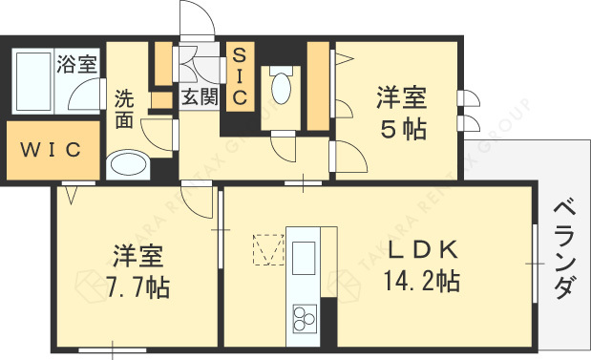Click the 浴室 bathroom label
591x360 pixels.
pyautogui.click(x=77, y=65)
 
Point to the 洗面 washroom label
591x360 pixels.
pyautogui.click(x=124, y=108)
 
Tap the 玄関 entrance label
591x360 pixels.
pyautogui.click(x=201, y=95)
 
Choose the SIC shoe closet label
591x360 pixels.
pyautogui.click(x=239, y=75)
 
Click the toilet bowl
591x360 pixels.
pyautogui.click(x=282, y=87)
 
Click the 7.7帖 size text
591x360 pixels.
pyautogui.click(x=138, y=285)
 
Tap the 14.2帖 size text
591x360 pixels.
pyautogui.click(x=423, y=283)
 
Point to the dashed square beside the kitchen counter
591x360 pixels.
pyautogui.click(x=265, y=250)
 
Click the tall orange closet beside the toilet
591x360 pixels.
pyautogui.click(x=317, y=85)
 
